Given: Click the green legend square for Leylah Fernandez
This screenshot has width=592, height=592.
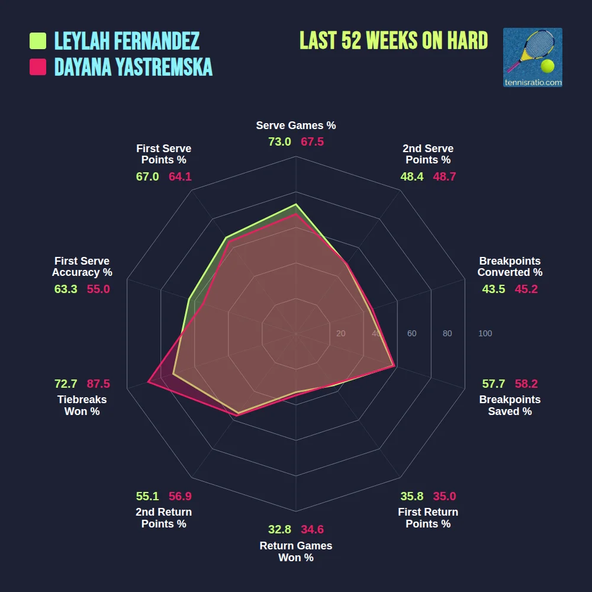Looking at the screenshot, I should click(38, 41).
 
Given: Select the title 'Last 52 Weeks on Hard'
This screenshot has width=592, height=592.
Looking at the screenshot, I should click(394, 41).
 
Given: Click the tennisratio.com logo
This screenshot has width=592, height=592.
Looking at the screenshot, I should click(532, 57).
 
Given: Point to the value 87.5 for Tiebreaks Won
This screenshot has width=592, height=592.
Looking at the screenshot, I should click(98, 384).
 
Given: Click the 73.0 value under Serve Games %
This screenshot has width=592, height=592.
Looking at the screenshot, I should click(279, 141).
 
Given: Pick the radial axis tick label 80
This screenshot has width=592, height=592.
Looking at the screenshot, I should click(447, 333).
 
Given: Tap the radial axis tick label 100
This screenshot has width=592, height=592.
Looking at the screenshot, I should click(485, 333).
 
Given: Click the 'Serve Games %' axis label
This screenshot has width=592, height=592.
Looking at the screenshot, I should click(296, 126).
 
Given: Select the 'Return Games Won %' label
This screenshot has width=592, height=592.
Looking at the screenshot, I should click(296, 551).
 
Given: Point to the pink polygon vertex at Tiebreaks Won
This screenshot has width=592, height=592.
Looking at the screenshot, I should click(148, 383).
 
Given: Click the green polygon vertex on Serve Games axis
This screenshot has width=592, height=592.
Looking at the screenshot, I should click(296, 204).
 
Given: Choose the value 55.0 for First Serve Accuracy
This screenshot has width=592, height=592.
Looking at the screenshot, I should click(98, 289).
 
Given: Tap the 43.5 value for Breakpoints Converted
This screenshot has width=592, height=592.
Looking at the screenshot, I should click(494, 289).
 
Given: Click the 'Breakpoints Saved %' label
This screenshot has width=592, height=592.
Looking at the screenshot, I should click(510, 405).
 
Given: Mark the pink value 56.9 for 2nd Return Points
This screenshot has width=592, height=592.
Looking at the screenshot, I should click(180, 496).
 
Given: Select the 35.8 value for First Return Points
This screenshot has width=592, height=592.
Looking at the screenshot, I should click(411, 496).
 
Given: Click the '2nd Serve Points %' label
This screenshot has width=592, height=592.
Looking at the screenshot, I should click(428, 154).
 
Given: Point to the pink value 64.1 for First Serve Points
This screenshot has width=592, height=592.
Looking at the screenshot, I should click(180, 176).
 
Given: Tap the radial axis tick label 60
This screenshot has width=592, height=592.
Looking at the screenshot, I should click(411, 333).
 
